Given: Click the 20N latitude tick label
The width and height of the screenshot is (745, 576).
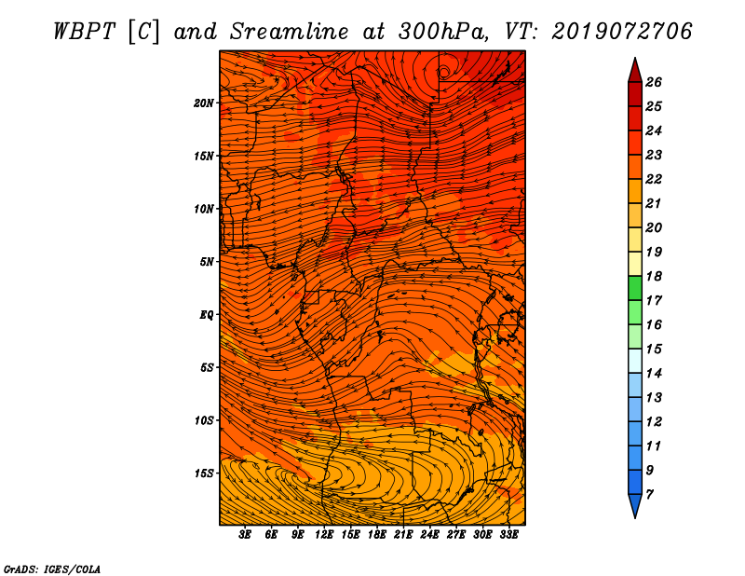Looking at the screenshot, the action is pyautogui.click(x=203, y=103).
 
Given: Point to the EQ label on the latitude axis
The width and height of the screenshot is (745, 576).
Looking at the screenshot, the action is pyautogui.click(x=206, y=315).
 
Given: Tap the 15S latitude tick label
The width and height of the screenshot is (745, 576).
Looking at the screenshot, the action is pyautogui.click(x=203, y=473).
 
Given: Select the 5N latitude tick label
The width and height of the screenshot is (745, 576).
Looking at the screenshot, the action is pyautogui.click(x=207, y=262).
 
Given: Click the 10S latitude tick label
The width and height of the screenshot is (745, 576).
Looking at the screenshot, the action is pyautogui.click(x=203, y=420).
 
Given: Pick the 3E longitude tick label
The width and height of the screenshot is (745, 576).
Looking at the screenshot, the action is pyautogui.click(x=245, y=535).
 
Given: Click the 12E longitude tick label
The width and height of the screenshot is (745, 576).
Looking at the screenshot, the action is pyautogui.click(x=324, y=535).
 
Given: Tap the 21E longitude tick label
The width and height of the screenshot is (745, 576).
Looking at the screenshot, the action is pyautogui.click(x=403, y=535).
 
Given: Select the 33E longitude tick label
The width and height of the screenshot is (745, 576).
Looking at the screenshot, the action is pyautogui.click(x=508, y=535).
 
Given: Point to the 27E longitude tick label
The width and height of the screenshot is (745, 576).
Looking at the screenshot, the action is pyautogui.click(x=456, y=535).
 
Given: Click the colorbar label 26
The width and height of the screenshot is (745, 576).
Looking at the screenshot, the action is pyautogui.click(x=654, y=82).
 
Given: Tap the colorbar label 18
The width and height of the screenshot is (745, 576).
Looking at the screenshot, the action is pyautogui.click(x=654, y=276).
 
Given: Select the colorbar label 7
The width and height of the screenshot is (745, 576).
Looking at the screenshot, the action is pyautogui.click(x=649, y=495).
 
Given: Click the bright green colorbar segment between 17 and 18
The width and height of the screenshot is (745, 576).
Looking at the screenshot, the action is pyautogui.click(x=635, y=288).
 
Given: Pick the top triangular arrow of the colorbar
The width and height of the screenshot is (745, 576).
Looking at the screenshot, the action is pyautogui.click(x=635, y=70).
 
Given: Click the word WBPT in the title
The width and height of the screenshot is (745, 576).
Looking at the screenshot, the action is pyautogui.click(x=84, y=32).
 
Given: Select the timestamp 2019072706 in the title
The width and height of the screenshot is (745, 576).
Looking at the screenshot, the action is pyautogui.click(x=622, y=32).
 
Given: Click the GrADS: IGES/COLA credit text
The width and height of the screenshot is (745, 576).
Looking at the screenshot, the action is pyautogui.click(x=52, y=569).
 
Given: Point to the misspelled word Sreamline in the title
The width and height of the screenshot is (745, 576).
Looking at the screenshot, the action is pyautogui.click(x=290, y=32).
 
